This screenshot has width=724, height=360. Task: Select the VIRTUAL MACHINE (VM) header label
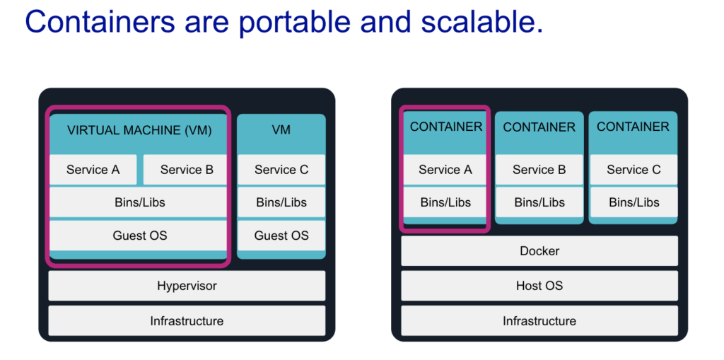point(139,130)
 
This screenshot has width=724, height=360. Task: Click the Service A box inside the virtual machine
point(93,170)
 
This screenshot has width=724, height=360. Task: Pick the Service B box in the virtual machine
point(186,170)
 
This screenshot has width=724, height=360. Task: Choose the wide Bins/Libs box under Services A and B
point(139,202)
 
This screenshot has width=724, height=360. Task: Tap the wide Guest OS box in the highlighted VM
point(139,236)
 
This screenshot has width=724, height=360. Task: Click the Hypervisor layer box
point(187,286)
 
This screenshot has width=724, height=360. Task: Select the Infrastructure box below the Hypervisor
point(187,321)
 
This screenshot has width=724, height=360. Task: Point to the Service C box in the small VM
point(281,170)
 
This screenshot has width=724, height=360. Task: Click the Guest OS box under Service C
point(281,236)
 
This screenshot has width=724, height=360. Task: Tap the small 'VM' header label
point(281,130)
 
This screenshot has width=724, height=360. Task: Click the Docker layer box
point(539,251)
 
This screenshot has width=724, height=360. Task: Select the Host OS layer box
point(539,286)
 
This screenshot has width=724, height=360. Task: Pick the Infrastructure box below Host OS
point(539,321)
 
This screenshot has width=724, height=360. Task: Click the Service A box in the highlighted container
point(445,170)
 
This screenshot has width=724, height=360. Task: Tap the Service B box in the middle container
point(539,170)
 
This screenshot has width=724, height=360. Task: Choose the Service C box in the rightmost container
point(633,170)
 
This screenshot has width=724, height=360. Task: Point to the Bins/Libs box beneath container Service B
point(539,202)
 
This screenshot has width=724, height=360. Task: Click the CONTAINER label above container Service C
point(633,127)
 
